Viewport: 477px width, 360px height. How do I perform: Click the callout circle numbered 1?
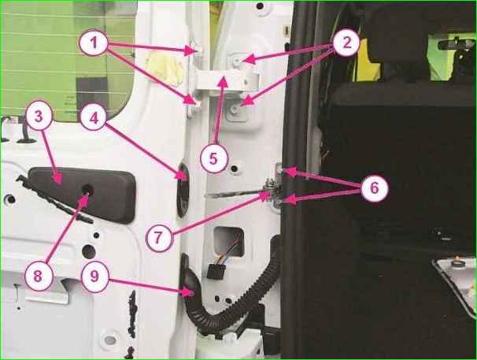(94, 43)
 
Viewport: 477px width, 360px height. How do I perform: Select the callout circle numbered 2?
(346, 43)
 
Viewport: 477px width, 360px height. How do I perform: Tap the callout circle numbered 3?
(39, 116)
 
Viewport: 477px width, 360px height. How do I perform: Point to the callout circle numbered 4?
(94, 117)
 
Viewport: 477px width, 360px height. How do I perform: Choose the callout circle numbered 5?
(214, 158)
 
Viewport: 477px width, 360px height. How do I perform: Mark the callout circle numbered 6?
(375, 187)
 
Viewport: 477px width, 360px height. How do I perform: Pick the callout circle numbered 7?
(159, 238)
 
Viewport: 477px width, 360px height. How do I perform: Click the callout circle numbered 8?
(39, 276)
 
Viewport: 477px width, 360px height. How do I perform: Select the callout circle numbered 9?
(94, 276)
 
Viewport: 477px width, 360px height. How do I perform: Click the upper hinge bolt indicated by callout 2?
(237, 61)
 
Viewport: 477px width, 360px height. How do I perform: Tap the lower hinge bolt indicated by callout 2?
(235, 109)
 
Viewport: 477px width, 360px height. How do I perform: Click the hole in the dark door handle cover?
(87, 191)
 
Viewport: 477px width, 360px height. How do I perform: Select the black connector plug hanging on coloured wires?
(216, 271)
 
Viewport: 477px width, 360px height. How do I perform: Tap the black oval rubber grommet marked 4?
(183, 191)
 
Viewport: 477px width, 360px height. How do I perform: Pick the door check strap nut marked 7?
(269, 187)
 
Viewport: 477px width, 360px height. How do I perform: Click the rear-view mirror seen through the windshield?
(455, 44)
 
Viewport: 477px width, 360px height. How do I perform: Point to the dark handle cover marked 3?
(82, 195)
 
